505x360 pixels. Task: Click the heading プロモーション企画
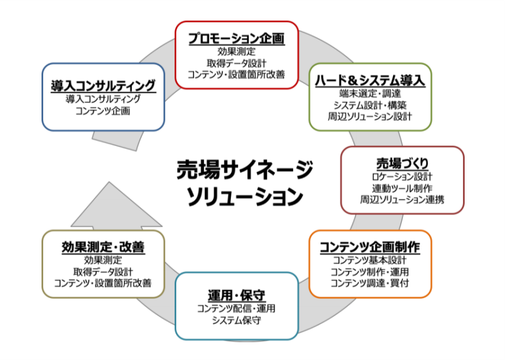click(236, 39)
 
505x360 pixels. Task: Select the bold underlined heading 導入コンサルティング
click(103, 86)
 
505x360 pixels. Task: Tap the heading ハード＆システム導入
click(370, 81)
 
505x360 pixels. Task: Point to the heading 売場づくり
click(402, 164)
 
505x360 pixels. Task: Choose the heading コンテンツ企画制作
click(370, 247)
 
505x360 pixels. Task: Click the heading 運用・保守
click(236, 295)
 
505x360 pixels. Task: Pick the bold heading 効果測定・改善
click(103, 247)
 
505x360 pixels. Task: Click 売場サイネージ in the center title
click(244, 170)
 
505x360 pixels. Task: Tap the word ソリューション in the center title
click(244, 197)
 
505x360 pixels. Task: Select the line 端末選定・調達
click(370, 94)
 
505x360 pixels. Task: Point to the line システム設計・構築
click(370, 106)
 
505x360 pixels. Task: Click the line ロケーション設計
click(402, 177)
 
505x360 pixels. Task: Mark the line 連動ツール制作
click(402, 189)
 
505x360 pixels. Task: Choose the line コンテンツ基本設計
click(370, 260)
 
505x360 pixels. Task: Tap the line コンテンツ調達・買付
click(370, 283)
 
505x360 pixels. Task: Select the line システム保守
click(236, 320)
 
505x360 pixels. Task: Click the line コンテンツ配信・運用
click(236, 308)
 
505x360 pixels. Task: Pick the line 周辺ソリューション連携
click(402, 200)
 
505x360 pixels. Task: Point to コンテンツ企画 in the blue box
click(103, 111)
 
